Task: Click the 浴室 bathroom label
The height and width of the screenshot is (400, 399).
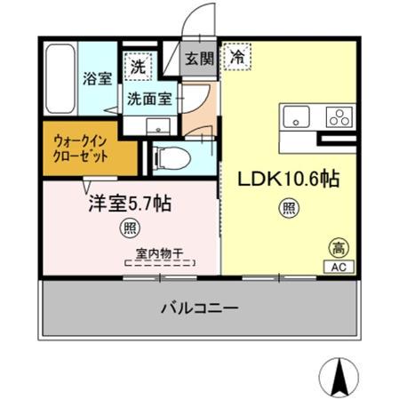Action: pos(98,77)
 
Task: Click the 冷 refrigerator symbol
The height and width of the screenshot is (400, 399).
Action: pos(237,56)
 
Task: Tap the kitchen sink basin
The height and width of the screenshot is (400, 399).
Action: pos(295,117)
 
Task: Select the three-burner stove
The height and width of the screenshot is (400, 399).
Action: pos(339,116)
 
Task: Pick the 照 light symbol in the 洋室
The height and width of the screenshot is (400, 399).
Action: pos(129,228)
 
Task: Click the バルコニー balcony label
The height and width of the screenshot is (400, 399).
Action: pos(199,309)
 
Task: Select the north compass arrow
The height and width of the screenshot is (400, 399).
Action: pos(339,378)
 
